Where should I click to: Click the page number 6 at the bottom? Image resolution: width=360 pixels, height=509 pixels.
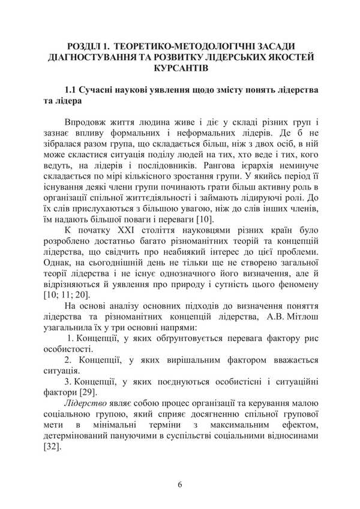(x=179, y=484)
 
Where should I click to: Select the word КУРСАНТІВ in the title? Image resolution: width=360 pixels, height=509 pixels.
(x=179, y=69)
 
